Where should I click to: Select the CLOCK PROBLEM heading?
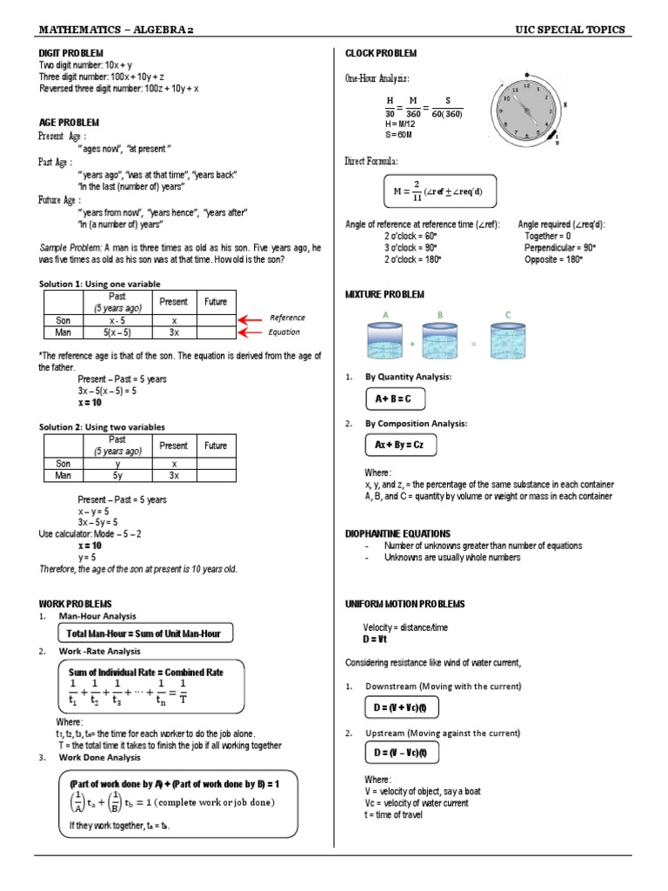coord(381,54)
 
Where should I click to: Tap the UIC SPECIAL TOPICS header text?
coord(570,30)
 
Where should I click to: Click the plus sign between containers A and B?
coord(412,345)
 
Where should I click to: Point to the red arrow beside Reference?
coord(250,319)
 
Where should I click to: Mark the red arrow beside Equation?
coord(250,332)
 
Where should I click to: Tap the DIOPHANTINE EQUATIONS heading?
coord(397,533)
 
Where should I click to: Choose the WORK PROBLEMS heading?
coord(76,603)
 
